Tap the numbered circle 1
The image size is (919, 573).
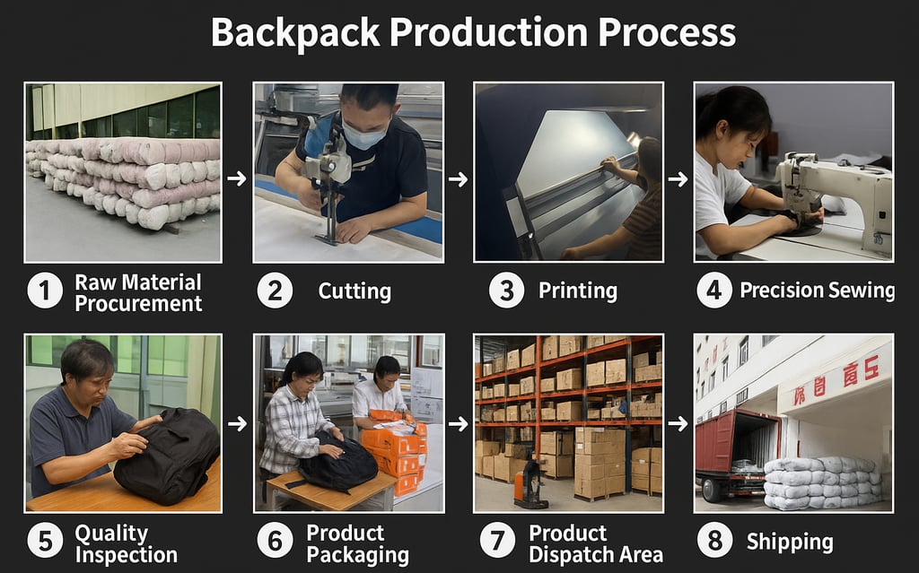click(x=45, y=291)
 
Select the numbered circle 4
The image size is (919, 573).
click(x=713, y=291)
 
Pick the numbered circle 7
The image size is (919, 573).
click(x=497, y=541)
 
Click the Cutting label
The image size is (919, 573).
click(x=354, y=291)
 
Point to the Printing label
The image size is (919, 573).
click(x=577, y=291)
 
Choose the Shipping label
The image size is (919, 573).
click(x=790, y=542)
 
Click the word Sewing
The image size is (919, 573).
click(x=861, y=291)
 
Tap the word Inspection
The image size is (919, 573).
click(x=126, y=555)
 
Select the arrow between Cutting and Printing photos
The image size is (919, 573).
click(x=459, y=178)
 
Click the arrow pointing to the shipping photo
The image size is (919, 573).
click(x=678, y=423)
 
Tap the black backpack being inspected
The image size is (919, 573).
click(x=167, y=455)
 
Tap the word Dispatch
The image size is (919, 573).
click(x=568, y=555)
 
